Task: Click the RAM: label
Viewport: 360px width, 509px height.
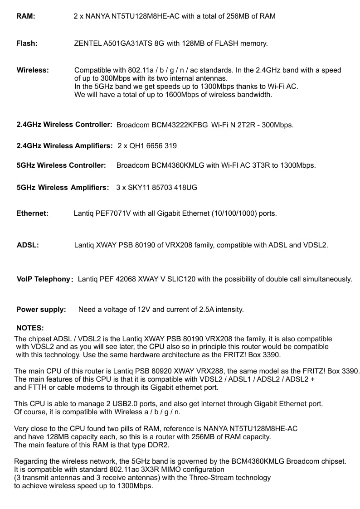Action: pos(26,16)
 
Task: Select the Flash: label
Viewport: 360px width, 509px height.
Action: pos(27,44)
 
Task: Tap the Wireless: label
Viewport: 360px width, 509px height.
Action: pos(33,70)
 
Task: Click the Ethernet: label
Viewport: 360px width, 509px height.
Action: pos(32,213)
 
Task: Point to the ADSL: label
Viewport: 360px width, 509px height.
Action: pos(28,245)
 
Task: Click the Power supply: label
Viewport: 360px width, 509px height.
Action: pos(41,310)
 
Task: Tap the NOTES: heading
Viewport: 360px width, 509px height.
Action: pos(30,328)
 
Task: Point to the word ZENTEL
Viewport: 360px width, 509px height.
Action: pos(88,44)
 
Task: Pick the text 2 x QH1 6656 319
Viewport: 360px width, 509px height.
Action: pos(147,146)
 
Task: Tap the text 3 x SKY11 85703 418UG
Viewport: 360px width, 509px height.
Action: pos(156,187)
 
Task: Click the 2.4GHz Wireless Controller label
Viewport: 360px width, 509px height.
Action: pos(64,125)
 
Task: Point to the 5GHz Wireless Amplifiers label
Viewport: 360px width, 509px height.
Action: pos(63,187)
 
